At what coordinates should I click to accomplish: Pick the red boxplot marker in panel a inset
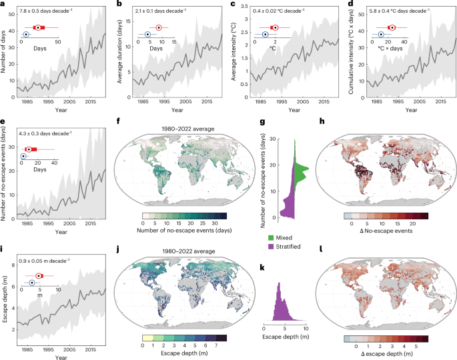coord(38,27)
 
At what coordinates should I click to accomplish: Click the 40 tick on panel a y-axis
coord(12,31)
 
